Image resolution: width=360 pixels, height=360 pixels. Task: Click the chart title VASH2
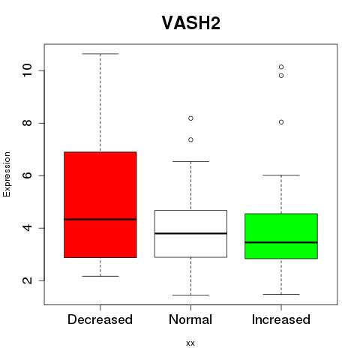click(x=191, y=22)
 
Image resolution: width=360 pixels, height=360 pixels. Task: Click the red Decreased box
click(x=100, y=205)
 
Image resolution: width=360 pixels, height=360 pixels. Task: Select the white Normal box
click(x=190, y=234)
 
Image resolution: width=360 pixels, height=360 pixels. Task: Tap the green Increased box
click(x=281, y=236)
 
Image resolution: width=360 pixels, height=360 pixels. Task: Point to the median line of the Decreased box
click(x=100, y=219)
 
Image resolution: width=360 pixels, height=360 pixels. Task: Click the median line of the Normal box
click(x=190, y=233)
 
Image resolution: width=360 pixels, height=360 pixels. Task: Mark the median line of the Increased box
click(x=281, y=242)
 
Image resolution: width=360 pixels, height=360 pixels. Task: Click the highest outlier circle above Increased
click(x=281, y=67)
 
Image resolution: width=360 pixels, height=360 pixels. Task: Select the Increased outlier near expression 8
click(x=281, y=122)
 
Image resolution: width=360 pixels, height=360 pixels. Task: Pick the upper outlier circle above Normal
click(x=190, y=118)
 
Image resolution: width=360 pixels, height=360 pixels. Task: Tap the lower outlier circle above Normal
click(x=190, y=139)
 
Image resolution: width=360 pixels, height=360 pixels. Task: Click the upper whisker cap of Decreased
click(x=100, y=54)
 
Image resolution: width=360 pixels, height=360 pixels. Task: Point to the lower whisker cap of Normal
click(x=190, y=295)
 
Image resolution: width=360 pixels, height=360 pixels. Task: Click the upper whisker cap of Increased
click(x=281, y=175)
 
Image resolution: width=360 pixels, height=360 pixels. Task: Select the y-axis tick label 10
click(x=27, y=70)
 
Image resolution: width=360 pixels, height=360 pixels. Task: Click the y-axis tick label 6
click(x=27, y=175)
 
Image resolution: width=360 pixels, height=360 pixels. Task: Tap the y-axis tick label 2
click(x=27, y=280)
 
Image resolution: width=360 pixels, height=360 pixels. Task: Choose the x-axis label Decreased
click(x=100, y=319)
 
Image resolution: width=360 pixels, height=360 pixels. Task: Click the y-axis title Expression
click(x=7, y=174)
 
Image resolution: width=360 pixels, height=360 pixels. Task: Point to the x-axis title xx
click(x=190, y=343)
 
